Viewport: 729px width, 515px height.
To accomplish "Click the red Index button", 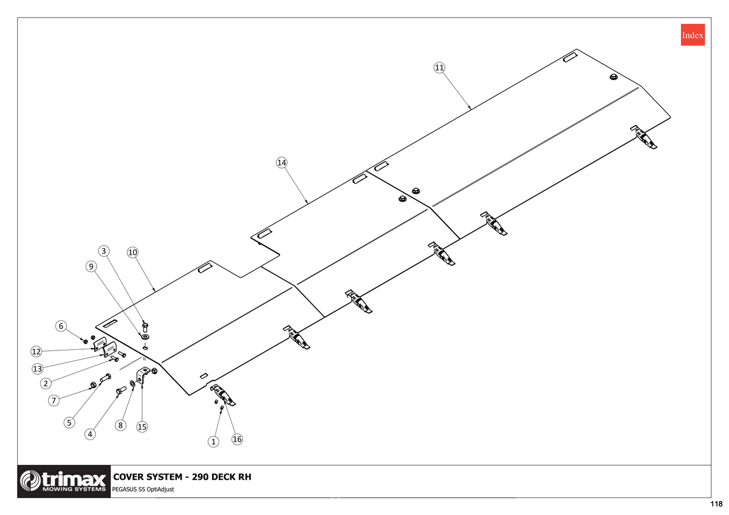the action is (x=693, y=35).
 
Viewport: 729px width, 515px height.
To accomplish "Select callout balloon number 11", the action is (x=439, y=67).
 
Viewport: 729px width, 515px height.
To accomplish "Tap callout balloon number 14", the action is (x=281, y=163).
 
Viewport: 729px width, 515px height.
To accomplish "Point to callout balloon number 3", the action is (x=104, y=251).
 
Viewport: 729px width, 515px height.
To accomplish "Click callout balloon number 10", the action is (x=132, y=253).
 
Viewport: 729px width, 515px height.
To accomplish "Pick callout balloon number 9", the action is (x=91, y=267).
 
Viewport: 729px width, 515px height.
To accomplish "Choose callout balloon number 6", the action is (x=61, y=326).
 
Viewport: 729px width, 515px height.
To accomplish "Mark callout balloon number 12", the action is (x=36, y=352).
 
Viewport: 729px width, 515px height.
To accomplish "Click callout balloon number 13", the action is (x=38, y=369).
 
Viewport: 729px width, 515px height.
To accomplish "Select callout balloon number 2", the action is (x=46, y=384).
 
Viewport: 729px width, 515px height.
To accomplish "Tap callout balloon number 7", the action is (x=53, y=400).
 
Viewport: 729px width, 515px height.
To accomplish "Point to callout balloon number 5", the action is (x=69, y=423).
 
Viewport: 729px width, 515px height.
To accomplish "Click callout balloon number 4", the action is (x=90, y=434).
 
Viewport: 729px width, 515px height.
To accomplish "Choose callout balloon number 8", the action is (x=120, y=425).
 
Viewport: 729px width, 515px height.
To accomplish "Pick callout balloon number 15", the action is (x=142, y=427).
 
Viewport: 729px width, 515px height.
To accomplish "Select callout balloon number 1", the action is (x=213, y=442).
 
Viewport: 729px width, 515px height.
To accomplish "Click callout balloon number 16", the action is (x=237, y=440).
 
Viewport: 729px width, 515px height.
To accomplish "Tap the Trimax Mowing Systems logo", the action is (x=64, y=481).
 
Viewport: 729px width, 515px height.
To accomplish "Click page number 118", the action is (x=716, y=504).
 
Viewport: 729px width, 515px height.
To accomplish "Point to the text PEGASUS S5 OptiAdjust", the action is (x=143, y=489).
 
